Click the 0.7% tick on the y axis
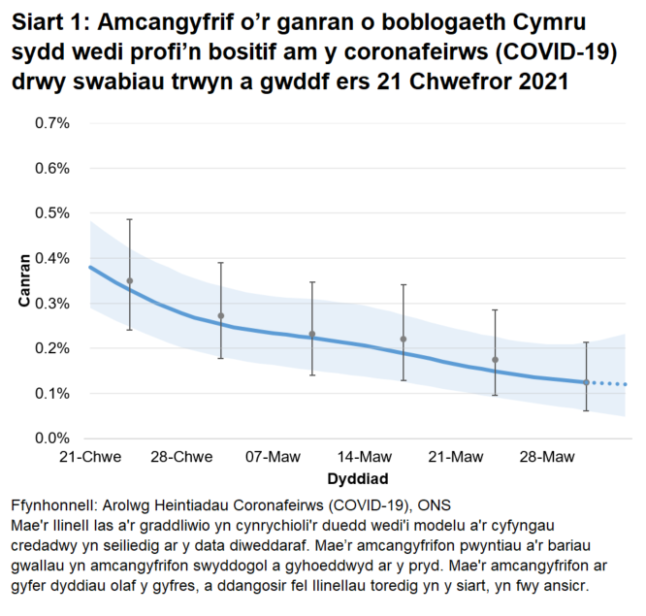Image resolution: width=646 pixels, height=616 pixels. tap(53, 123)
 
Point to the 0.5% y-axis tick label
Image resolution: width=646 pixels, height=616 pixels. tap(53, 213)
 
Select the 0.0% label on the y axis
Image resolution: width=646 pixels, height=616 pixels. tap(53, 438)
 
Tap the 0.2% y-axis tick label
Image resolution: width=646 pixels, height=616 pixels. tap(53, 348)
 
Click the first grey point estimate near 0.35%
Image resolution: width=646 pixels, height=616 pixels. tap(130, 280)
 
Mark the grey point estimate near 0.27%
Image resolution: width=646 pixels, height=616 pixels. tap(221, 315)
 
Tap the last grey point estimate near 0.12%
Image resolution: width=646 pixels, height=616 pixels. tap(586, 382)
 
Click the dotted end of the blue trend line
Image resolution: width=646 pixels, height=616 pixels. tap(609, 384)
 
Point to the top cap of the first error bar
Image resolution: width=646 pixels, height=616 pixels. tap(130, 219)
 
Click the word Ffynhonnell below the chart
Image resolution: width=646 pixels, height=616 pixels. tap(53, 506)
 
